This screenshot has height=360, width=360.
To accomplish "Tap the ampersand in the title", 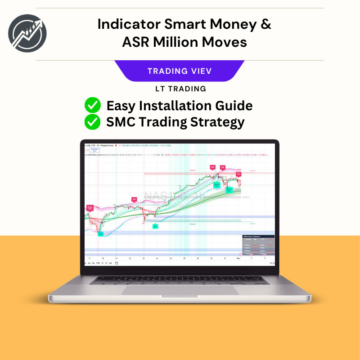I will pyautogui.click(x=266, y=24).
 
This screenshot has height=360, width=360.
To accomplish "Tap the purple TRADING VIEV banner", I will pyautogui.click(x=180, y=71).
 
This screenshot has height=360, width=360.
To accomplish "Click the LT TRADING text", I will pyautogui.click(x=180, y=89).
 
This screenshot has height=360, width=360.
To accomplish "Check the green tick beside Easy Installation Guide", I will pyautogui.click(x=93, y=106).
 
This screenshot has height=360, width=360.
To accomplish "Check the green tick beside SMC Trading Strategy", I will pyautogui.click(x=93, y=121).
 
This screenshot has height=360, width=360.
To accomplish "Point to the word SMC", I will pyautogui.click(x=120, y=121).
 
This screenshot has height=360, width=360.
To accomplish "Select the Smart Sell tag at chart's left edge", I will pyautogui.click(x=90, y=208).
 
